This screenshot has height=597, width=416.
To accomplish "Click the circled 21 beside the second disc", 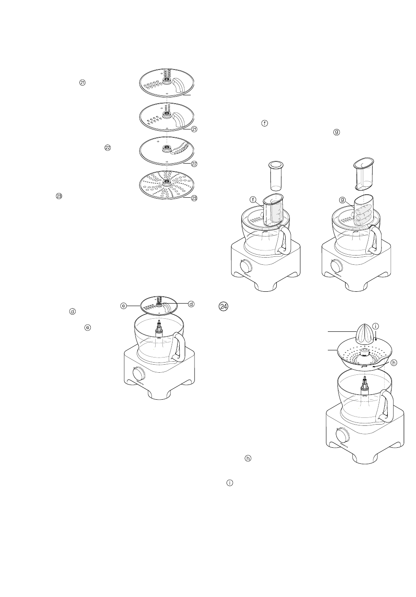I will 194,129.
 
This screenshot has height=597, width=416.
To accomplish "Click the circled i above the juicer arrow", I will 376,326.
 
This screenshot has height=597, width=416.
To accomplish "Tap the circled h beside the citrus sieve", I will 393,363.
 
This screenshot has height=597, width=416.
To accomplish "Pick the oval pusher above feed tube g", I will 363,172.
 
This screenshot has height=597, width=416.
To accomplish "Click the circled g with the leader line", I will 343,199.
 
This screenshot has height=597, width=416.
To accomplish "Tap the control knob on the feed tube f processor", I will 245,266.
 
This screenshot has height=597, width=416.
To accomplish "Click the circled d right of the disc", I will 191,304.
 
